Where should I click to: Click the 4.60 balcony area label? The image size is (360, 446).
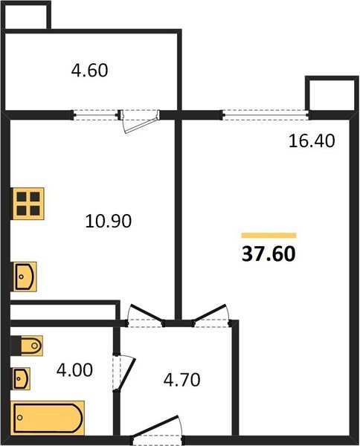click(90, 72)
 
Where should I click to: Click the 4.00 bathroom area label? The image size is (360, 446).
click(75, 369)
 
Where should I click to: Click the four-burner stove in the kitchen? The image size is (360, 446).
click(28, 202)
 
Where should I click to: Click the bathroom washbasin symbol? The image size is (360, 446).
click(22, 378)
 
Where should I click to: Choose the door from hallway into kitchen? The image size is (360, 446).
click(145, 316)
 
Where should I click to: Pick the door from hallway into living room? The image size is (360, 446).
click(210, 316)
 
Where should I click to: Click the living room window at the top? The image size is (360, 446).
click(266, 114)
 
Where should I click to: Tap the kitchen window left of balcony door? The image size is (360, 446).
click(96, 114)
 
